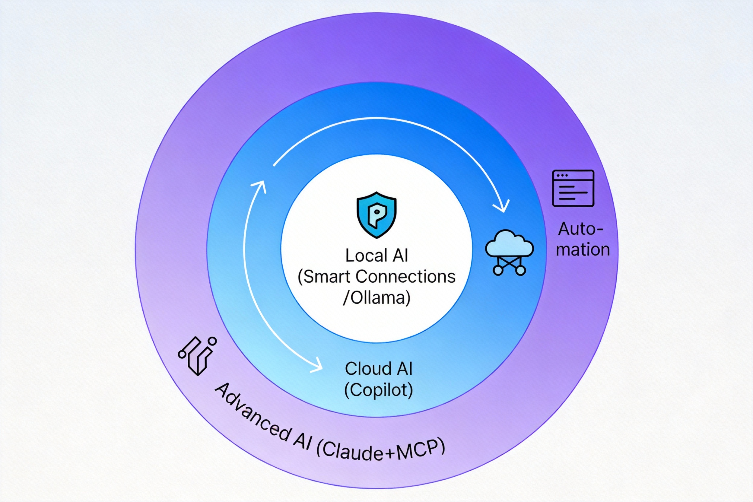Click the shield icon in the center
click(376, 215)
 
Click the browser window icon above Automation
click(573, 188)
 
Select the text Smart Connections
click(379, 277)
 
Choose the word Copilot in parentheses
click(378, 390)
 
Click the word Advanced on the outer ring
click(253, 413)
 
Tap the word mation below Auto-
click(583, 250)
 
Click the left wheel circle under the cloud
click(498, 270)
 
